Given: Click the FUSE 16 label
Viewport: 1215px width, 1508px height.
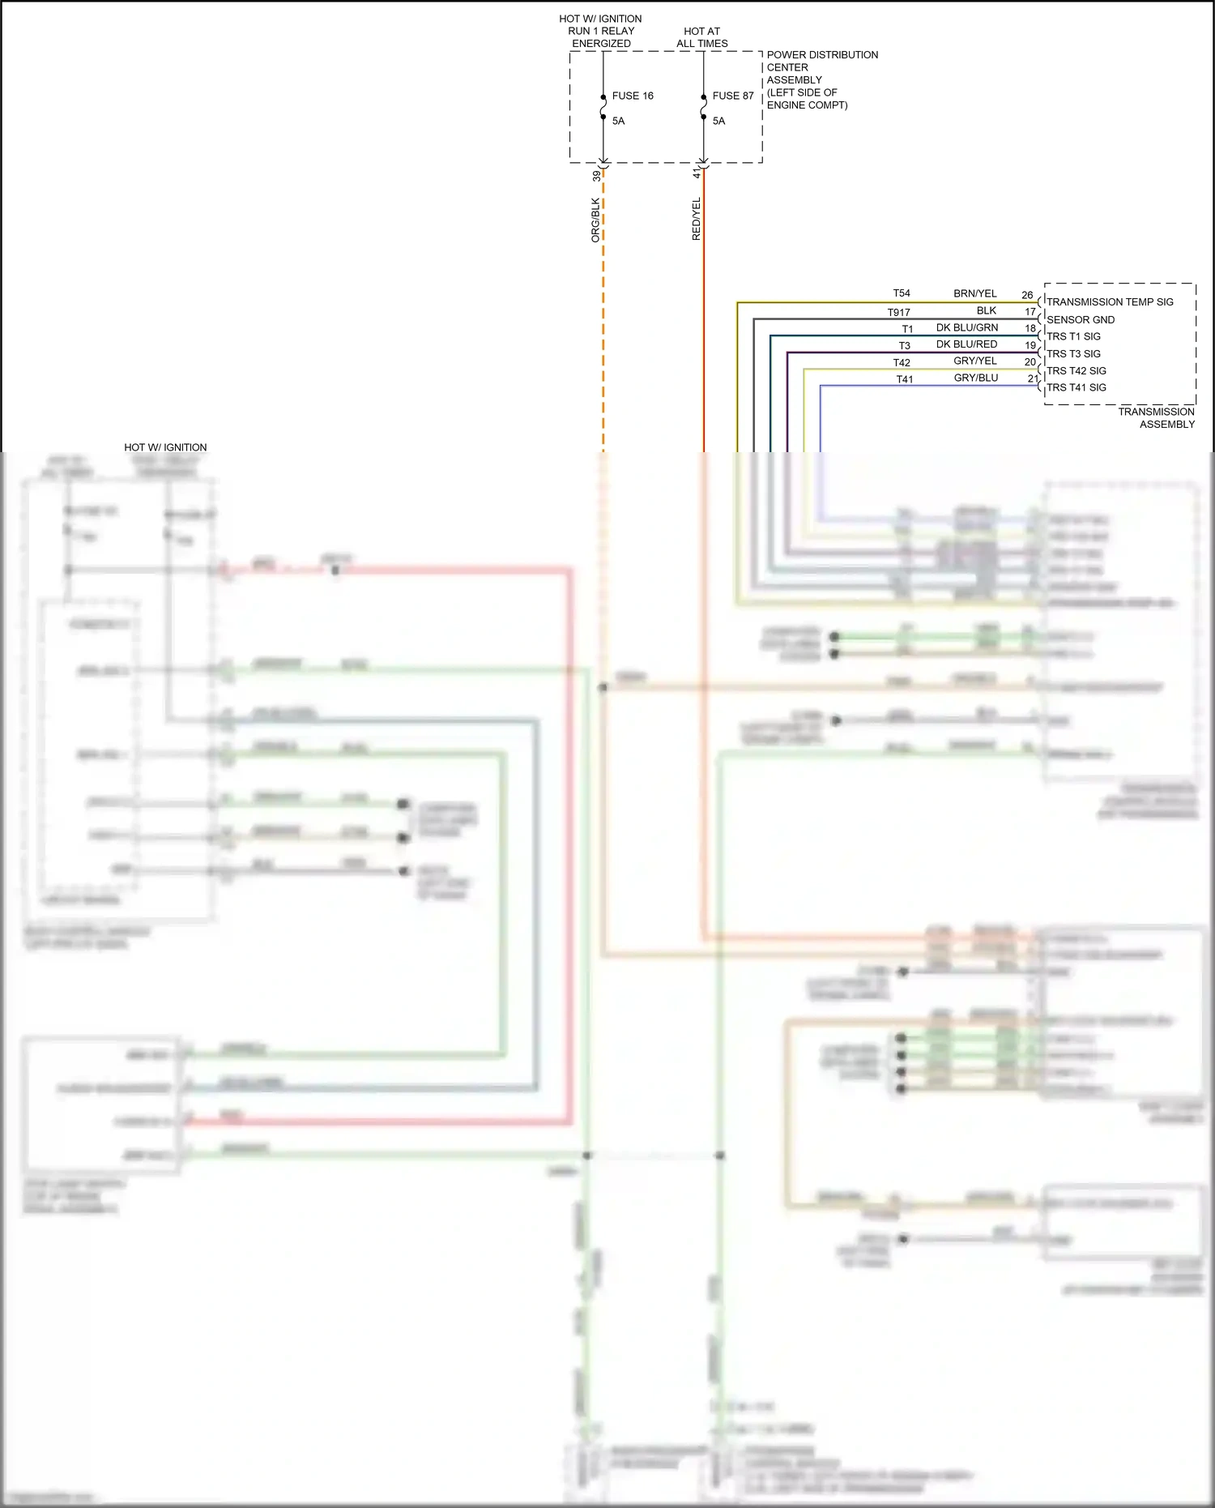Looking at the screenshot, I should coord(632,96).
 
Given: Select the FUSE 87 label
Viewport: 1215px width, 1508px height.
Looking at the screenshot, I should coord(732,96).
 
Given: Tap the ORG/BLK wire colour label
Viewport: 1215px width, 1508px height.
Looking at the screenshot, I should coord(595,220).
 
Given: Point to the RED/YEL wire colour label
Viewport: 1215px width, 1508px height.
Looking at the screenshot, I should coord(696,219).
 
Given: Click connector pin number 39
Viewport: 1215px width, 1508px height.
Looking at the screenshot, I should coord(596,176).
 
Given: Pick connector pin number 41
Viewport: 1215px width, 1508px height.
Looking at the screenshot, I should coord(697,174).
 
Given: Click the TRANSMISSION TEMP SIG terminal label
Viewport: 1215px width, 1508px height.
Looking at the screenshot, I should coord(1109,302).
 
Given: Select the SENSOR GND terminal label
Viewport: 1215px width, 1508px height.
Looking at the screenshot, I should coord(1080,320).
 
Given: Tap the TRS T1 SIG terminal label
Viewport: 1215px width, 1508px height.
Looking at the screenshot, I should coord(1073,336).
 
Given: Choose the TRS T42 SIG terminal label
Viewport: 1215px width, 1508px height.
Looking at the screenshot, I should coord(1076,371).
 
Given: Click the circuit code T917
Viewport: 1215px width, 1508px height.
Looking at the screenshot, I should coord(898,312).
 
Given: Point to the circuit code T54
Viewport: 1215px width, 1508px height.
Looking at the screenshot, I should coord(902,293).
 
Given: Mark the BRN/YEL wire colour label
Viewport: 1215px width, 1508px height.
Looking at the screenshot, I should coord(974,293).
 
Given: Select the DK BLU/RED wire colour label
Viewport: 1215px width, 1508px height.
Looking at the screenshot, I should coord(966,344).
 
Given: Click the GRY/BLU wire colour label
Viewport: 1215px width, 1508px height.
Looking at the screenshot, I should coord(975,378).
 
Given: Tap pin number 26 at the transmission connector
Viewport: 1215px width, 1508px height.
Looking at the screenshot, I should coord(1027,295).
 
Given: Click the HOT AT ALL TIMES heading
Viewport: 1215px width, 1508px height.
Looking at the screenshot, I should coord(701,37).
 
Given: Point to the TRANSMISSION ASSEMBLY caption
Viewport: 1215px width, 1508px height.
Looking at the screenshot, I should coord(1156,418).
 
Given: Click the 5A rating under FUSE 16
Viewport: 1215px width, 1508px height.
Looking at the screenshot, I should coord(618,121).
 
